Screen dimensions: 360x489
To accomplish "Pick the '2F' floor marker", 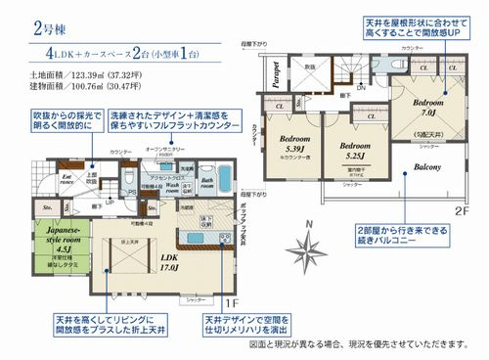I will tap(461, 209).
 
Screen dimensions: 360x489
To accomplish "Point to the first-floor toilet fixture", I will tap(129, 176).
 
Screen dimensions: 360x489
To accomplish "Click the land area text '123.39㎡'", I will tap(75, 73).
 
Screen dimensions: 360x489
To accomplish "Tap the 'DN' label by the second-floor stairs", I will tap(333, 86).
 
